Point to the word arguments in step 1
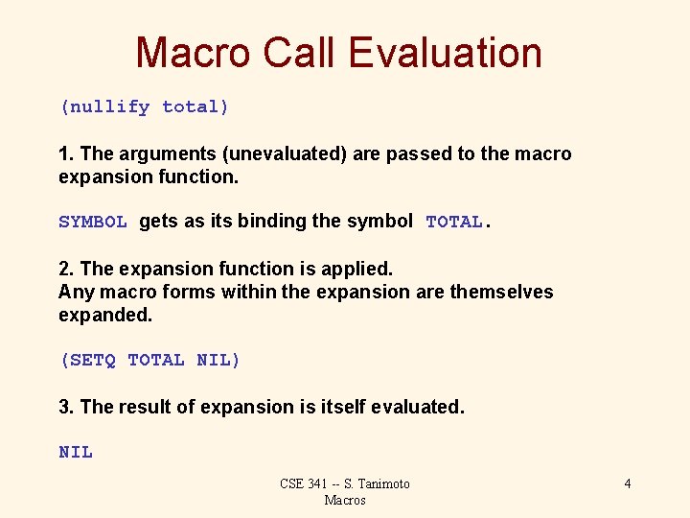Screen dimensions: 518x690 [x=152, y=154]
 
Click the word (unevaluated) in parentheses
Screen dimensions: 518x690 [x=274, y=154]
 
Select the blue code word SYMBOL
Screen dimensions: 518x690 [x=93, y=222]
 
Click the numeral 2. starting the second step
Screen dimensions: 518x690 [x=66, y=270]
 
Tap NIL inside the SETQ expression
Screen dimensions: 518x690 [x=215, y=361]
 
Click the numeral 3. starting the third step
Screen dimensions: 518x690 [x=66, y=408]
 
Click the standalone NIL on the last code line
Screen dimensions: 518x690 [x=76, y=452]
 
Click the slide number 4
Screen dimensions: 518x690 [x=628, y=483]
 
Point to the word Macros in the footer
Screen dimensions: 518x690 [x=345, y=500]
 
